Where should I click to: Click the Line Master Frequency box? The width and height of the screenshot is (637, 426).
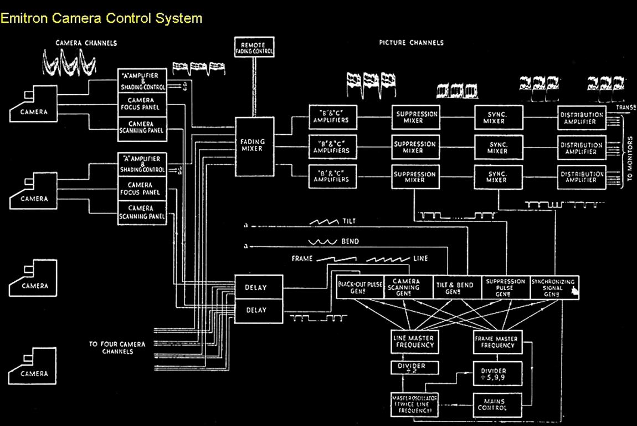coord(414,341)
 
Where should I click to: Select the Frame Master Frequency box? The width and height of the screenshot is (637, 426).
coord(496,341)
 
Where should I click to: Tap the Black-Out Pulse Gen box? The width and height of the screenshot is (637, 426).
coord(359,287)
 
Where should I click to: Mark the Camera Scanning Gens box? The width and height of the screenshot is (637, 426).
coord(407,287)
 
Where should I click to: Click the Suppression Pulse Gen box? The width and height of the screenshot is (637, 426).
coord(505,287)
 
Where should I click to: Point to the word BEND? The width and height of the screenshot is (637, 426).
coord(350,242)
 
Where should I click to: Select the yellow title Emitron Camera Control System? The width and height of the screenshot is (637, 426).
coord(101,18)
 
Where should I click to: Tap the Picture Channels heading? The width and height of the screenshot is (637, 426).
coord(411,43)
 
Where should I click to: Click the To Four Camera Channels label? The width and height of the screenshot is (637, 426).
coord(117,348)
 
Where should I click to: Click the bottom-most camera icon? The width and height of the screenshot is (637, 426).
coord(33,367)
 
